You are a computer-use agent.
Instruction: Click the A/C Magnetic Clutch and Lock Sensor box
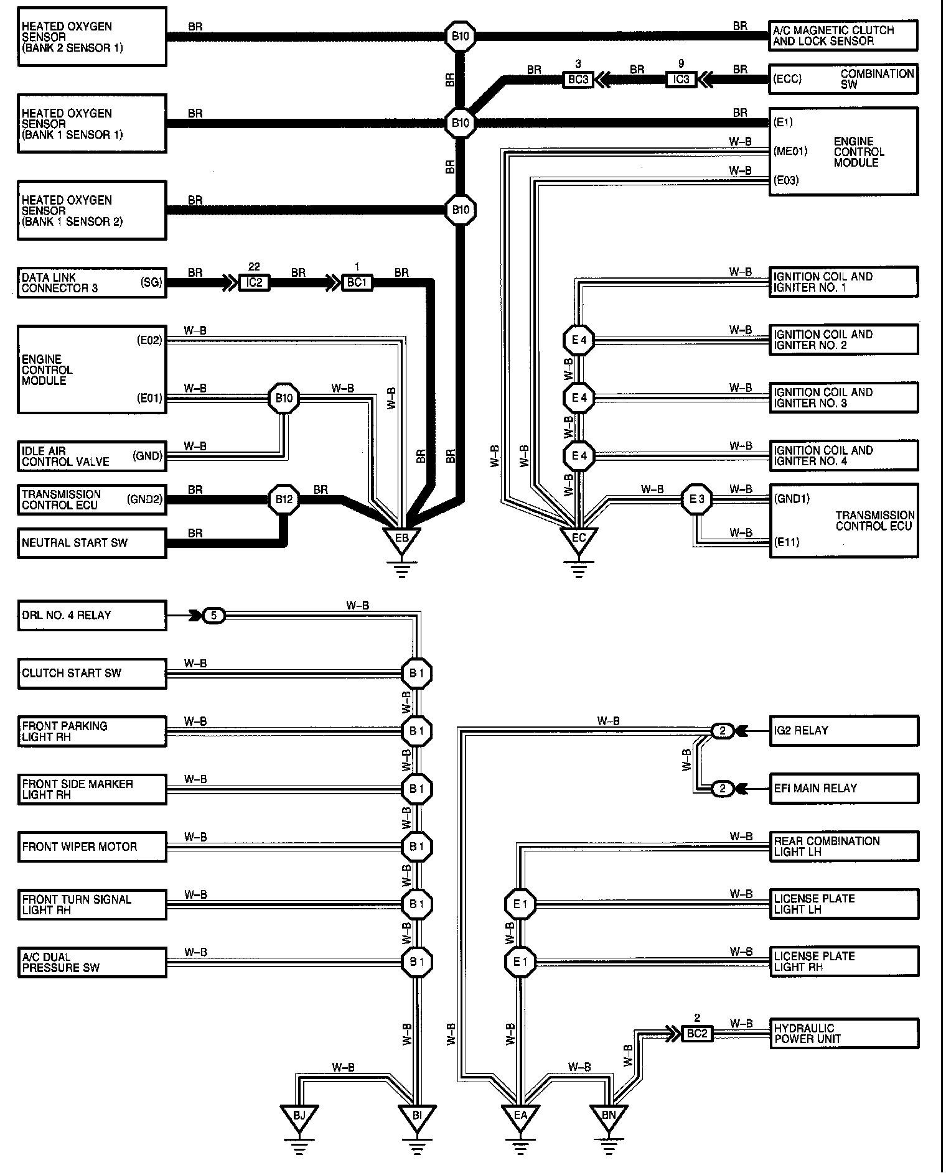pos(843,35)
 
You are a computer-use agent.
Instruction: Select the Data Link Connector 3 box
pos(91,282)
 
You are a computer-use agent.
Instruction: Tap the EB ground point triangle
pos(401,538)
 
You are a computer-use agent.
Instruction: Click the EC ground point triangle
pos(578,538)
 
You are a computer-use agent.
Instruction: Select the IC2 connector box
pos(254,283)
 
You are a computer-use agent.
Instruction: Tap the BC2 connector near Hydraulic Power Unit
pos(696,1033)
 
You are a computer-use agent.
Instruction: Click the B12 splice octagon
pos(284,499)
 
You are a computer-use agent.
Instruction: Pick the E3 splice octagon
pos(696,499)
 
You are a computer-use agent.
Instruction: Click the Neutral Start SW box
pos(91,542)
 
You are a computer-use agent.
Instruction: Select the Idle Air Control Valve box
pos(91,457)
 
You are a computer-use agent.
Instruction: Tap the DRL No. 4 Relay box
pos(91,615)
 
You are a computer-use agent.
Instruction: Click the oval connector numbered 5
pos(214,616)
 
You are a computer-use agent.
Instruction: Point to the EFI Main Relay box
pos(843,788)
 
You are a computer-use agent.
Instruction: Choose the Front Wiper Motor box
pos(91,846)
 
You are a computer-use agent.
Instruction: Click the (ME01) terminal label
pos(790,151)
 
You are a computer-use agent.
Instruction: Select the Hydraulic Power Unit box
pos(843,1033)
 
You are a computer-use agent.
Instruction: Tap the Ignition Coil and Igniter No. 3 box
pos(843,397)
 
